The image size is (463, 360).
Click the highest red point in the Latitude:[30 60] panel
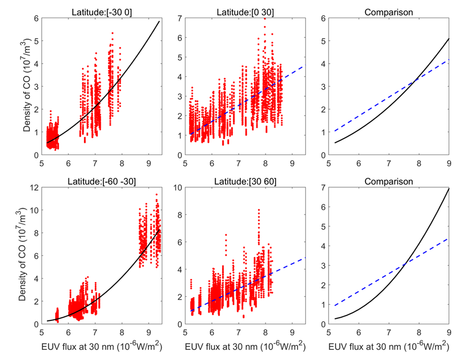tap(259, 210)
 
